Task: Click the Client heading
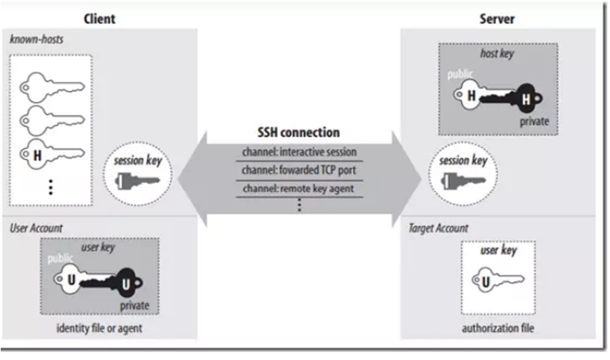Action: (x=100, y=18)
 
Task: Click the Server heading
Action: (x=496, y=18)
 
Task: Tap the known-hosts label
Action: (x=36, y=39)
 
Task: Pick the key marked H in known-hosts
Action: (x=54, y=153)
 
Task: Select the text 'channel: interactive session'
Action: (x=299, y=152)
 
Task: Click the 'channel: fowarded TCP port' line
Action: (x=299, y=171)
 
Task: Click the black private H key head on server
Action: (x=525, y=99)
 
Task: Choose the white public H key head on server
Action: (x=470, y=94)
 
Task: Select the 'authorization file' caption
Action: (x=497, y=328)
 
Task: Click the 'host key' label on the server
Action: (x=497, y=54)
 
